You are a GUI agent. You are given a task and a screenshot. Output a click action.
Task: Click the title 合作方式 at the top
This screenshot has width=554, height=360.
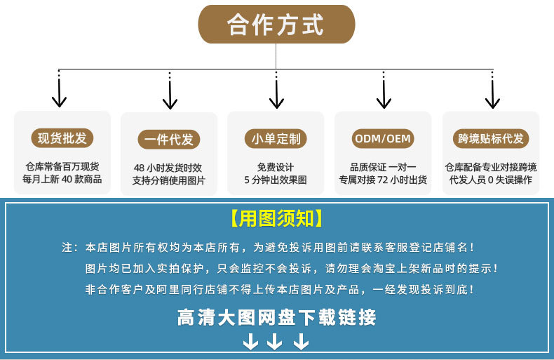[276, 25]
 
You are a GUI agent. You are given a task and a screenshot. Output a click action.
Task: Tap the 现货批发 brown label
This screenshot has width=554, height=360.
[62, 138]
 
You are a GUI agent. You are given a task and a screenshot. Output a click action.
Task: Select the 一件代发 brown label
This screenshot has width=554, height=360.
[169, 140]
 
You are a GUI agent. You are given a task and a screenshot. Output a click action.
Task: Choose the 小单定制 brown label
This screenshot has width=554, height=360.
[276, 138]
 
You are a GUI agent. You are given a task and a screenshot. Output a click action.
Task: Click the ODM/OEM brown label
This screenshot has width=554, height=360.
[383, 138]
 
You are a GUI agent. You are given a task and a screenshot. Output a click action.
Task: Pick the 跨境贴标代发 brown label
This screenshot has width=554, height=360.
[491, 138]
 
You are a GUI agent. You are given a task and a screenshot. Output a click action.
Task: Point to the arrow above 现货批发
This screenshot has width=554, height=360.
[60, 93]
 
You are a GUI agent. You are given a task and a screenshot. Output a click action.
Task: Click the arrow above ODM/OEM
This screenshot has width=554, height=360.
[383, 93]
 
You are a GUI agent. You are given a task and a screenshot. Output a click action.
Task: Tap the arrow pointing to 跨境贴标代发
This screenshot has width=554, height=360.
[492, 93]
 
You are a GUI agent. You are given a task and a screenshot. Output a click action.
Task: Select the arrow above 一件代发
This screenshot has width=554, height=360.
[169, 93]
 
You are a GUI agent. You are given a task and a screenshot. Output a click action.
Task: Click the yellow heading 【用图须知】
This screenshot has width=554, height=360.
[276, 219]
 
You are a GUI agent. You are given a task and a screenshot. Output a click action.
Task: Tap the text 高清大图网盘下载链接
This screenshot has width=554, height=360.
[276, 318]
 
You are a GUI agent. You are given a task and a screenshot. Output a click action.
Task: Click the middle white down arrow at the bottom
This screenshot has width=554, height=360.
[275, 342]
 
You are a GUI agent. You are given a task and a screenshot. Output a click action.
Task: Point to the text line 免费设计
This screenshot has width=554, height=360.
[276, 167]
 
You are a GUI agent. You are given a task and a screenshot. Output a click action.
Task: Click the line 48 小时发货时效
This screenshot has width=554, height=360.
[168, 168]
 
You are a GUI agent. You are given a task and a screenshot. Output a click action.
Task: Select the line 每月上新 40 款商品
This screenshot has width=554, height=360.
[62, 180]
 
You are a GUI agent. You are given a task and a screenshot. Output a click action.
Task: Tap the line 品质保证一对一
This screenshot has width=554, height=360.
[383, 167]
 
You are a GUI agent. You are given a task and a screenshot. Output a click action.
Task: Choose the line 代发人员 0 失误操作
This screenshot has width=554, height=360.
[491, 180]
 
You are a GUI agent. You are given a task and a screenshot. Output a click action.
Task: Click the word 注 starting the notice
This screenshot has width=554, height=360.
[67, 248]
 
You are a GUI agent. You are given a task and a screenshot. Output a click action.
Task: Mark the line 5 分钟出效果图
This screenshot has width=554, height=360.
[276, 180]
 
